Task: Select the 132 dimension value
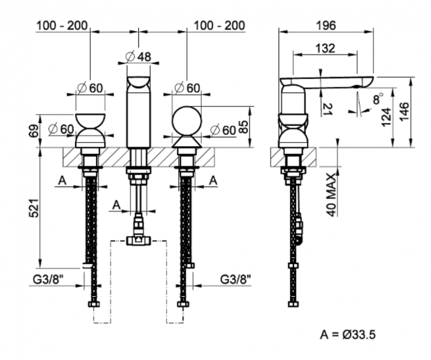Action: tap(325, 48)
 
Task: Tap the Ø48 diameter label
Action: tap(138, 57)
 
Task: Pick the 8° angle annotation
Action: tap(377, 99)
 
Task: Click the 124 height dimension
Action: tap(385, 117)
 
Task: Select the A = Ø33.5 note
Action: tap(348, 335)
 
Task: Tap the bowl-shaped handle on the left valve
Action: tap(90, 121)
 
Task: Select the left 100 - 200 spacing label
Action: tap(62, 26)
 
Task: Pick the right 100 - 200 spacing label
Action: tap(219, 26)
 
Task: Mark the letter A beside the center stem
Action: tap(116, 205)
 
